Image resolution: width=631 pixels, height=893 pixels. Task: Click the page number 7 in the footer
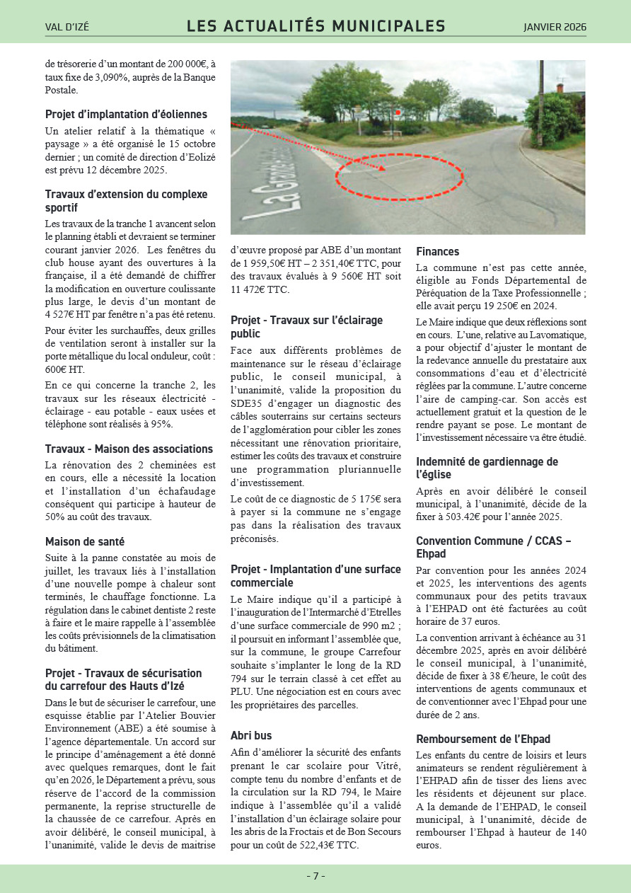point(315,876)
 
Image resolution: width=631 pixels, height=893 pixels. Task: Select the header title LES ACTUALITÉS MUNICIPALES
point(315,27)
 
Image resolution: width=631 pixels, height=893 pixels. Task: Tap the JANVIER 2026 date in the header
point(555,28)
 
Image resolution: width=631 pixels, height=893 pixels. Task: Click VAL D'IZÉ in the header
point(67,28)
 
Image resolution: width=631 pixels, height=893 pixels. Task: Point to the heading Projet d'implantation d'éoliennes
point(126,114)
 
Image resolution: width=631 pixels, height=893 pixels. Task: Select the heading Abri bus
point(251,735)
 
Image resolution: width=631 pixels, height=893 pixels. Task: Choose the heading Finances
point(437,251)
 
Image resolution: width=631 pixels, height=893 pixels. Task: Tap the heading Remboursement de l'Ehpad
point(483,739)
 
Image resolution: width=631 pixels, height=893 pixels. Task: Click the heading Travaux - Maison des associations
point(129,449)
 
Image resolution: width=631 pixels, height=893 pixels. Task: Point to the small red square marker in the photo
point(398,112)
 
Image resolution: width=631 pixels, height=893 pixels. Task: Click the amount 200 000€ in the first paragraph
point(186,64)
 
